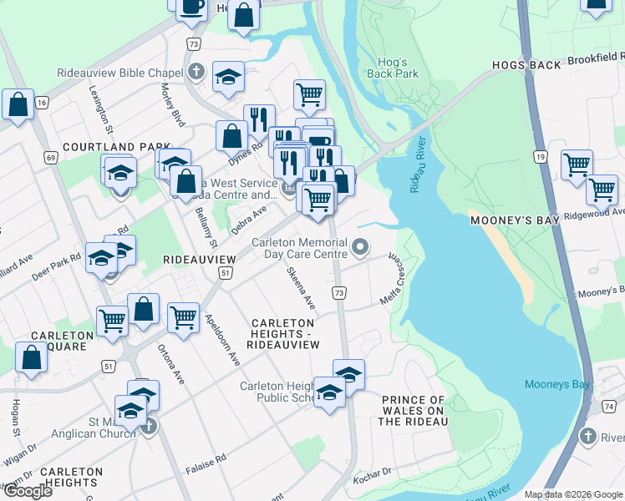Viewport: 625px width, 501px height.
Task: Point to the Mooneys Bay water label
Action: (x=557, y=384)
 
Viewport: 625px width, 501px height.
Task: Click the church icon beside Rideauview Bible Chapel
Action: (x=196, y=71)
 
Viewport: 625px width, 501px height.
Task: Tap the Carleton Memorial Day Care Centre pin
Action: (x=360, y=246)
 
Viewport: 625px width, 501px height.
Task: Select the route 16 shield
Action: (x=42, y=102)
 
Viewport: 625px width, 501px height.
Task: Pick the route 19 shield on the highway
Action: (x=541, y=156)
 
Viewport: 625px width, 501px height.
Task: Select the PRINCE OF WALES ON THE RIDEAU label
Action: (x=413, y=411)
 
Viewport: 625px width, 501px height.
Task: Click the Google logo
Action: (x=27, y=491)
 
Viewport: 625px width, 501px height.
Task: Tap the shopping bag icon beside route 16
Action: (x=18, y=105)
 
